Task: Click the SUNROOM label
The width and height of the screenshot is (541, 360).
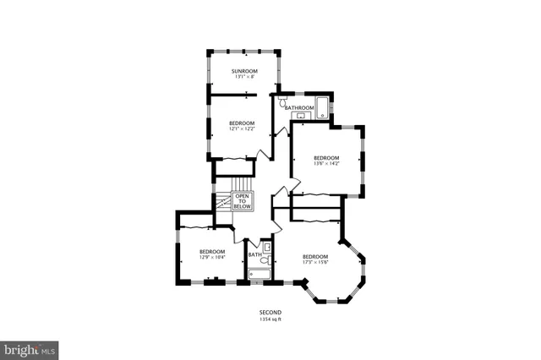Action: click(x=245, y=71)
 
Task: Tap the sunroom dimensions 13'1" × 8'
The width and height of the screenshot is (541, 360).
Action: click(x=245, y=78)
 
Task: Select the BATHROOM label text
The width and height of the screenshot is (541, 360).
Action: click(x=299, y=108)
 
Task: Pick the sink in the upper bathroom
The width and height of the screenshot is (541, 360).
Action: click(x=302, y=115)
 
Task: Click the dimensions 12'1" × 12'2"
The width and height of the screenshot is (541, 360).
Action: click(x=242, y=129)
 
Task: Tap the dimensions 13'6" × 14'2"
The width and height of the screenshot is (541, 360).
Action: click(x=326, y=165)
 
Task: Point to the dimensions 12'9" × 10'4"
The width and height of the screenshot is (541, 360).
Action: click(x=212, y=258)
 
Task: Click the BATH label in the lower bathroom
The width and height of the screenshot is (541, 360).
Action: click(x=254, y=254)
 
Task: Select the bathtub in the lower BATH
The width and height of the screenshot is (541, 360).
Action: click(x=260, y=274)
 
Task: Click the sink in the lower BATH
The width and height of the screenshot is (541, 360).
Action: click(x=267, y=247)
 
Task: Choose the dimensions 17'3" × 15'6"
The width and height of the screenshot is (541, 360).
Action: click(x=315, y=263)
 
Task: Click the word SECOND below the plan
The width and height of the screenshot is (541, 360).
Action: click(x=270, y=313)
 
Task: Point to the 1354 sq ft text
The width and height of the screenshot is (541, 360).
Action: click(x=270, y=319)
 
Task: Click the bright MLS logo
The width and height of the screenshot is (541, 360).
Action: click(x=29, y=348)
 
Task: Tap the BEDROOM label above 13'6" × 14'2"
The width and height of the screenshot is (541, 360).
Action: click(x=326, y=158)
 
